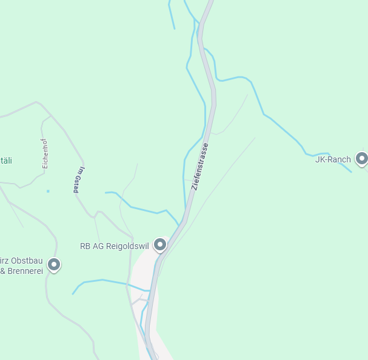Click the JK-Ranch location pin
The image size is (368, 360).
point(362,159)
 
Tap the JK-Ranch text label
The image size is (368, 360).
point(333,159)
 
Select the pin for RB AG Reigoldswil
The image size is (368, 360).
point(160,244)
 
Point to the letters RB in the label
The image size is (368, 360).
point(85,246)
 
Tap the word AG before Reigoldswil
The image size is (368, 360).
point(98,246)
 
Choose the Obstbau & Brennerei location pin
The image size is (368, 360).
point(54,264)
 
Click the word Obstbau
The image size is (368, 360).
point(27,261)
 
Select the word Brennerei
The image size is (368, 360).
point(25,271)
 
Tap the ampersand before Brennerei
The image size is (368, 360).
point(3,271)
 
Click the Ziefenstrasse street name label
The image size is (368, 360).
point(200,167)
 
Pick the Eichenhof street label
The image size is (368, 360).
point(45,153)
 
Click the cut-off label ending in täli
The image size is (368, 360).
point(6,161)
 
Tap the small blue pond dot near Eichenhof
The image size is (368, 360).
point(48,192)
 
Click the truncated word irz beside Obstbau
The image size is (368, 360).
point(5,261)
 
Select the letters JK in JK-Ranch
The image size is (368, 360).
point(319,159)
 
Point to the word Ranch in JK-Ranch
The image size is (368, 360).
point(339,159)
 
